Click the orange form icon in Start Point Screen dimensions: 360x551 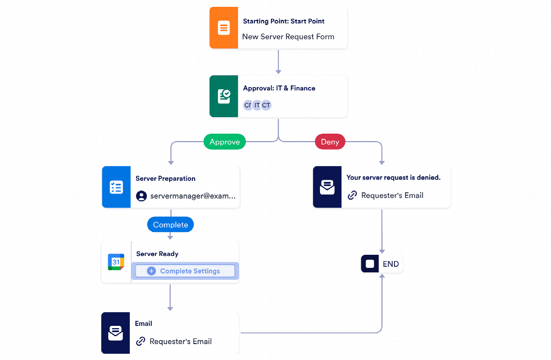click(x=224, y=28)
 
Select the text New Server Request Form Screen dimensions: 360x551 click(x=288, y=36)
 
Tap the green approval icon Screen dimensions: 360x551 click(x=224, y=96)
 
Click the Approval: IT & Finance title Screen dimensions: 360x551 click(x=279, y=88)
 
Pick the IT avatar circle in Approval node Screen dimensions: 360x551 click(x=257, y=105)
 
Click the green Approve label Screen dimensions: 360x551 click(x=225, y=142)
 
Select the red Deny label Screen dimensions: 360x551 click(x=330, y=142)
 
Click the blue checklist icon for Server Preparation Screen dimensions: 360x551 click(x=116, y=187)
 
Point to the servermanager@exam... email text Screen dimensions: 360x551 click(x=192, y=196)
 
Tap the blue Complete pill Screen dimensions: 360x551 click(x=170, y=225)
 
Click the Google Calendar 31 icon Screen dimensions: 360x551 click(x=116, y=262)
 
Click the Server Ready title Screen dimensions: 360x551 click(x=157, y=254)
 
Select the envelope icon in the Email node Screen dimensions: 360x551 click(x=116, y=333)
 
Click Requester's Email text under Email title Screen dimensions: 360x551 click(x=180, y=341)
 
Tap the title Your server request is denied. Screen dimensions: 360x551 click(x=393, y=177)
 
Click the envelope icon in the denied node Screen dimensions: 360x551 click(x=327, y=187)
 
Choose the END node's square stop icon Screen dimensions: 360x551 click(x=370, y=264)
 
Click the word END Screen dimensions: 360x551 click(x=391, y=264)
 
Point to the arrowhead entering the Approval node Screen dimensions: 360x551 click(x=278, y=72)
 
